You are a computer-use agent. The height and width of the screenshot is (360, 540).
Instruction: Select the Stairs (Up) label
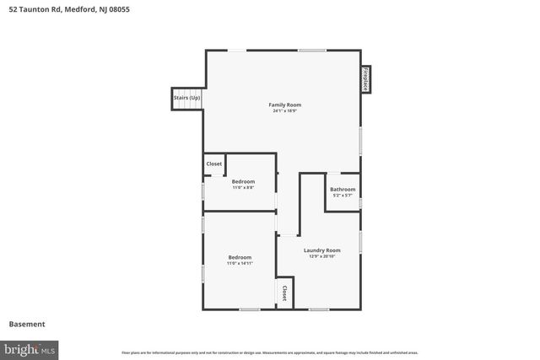pyautogui.click(x=187, y=98)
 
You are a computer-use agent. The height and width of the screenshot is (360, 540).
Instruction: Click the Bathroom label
pyautogui.click(x=343, y=189)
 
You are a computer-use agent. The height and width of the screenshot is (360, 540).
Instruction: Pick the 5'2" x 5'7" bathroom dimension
pyautogui.click(x=343, y=196)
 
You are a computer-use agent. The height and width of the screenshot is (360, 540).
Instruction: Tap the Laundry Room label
pyautogui.click(x=322, y=250)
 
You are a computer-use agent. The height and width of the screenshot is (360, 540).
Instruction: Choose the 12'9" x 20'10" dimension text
pyautogui.click(x=322, y=256)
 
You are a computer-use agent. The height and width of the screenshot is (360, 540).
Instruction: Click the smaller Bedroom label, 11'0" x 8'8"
pyautogui.click(x=243, y=180)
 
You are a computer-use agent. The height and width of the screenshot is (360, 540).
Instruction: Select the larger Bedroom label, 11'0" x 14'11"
pyautogui.click(x=240, y=257)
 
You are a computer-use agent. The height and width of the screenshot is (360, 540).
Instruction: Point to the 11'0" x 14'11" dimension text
pyautogui.click(x=240, y=264)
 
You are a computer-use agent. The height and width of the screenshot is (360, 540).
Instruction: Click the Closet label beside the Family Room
pyautogui.click(x=214, y=164)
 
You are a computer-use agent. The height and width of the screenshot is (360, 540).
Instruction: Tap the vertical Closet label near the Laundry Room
pyautogui.click(x=284, y=293)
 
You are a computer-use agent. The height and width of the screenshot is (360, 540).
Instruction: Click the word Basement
pyautogui.click(x=27, y=324)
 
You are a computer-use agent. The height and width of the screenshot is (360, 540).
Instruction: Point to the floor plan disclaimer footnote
pyautogui.click(x=270, y=352)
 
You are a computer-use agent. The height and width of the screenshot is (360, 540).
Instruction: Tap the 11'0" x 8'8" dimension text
pyautogui.click(x=243, y=187)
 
